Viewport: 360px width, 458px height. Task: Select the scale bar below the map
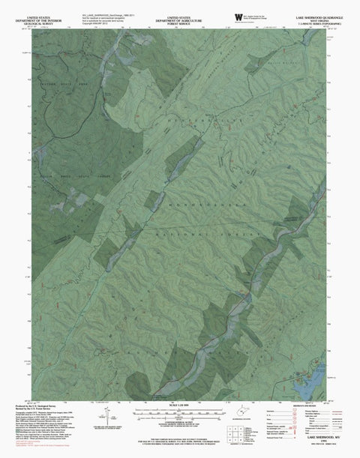(180, 414)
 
